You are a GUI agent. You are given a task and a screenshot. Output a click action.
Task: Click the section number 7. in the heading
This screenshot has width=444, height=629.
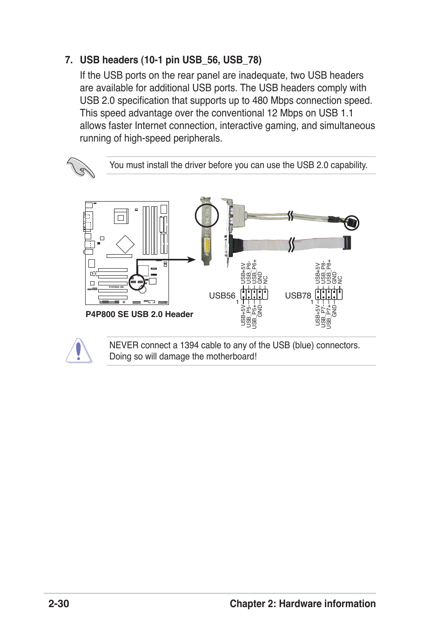point(69,60)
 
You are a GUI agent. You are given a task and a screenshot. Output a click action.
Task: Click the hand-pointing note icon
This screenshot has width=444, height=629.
point(81,167)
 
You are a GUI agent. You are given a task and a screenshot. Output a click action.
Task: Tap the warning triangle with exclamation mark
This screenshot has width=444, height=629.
point(79,351)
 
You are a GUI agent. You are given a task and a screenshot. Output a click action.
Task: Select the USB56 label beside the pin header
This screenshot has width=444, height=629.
point(222,296)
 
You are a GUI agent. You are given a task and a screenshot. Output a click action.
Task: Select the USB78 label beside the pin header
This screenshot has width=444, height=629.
point(298,296)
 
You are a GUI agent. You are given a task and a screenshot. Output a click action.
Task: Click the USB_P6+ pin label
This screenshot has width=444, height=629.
point(254,271)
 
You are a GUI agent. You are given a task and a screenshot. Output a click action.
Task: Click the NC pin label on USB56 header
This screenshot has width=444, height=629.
point(265,279)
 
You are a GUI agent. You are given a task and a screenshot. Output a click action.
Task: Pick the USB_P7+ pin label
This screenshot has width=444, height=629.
point(329,317)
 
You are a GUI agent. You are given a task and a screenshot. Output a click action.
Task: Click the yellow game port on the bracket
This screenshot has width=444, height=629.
point(207,247)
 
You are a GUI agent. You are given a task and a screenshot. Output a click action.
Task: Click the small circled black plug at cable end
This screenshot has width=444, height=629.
point(351,223)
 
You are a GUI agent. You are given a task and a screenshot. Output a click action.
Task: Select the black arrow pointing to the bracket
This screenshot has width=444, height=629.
point(186,259)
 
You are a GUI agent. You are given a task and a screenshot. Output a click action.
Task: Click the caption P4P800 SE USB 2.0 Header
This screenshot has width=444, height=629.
point(139,314)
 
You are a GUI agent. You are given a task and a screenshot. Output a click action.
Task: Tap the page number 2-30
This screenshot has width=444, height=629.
point(59,604)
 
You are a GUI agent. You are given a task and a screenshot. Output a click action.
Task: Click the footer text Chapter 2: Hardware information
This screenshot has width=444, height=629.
point(303,604)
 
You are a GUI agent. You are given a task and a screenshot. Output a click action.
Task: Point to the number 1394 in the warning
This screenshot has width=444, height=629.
point(189,345)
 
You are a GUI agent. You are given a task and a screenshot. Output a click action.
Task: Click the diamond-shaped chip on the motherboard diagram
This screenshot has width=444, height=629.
point(125,244)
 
